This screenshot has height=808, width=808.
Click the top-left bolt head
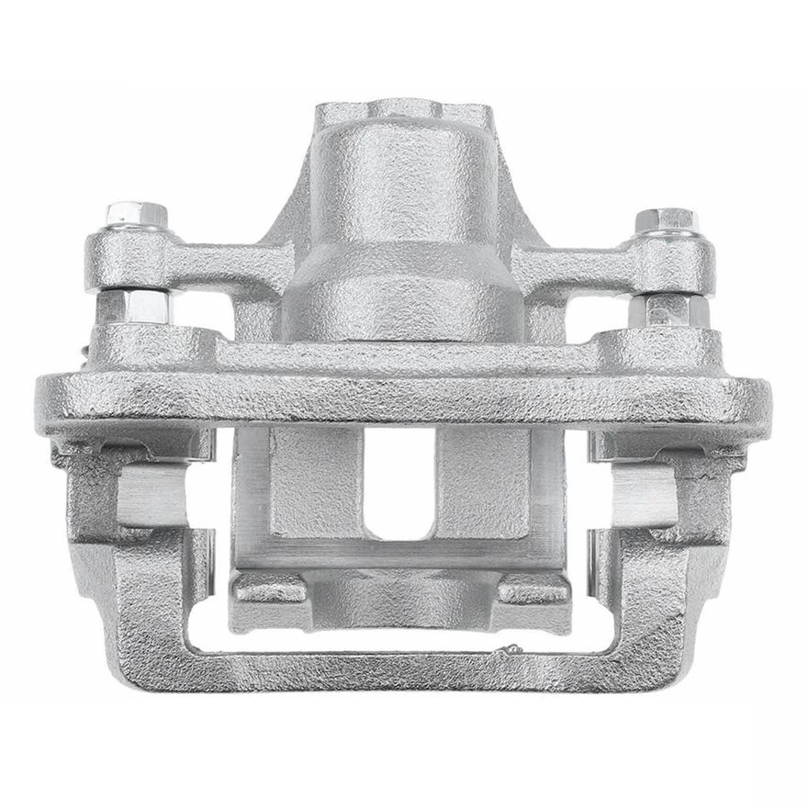click(136, 215)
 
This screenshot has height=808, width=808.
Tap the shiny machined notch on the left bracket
click(151, 497)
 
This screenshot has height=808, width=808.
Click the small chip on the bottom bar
click(501, 653)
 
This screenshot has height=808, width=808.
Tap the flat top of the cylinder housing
click(401, 114)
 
